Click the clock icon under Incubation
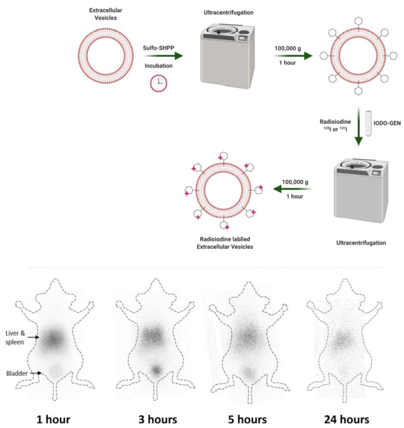[x=159, y=83]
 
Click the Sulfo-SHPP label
[x=159, y=48]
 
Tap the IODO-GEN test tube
[x=368, y=123]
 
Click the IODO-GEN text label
[x=387, y=123]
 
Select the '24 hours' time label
[x=346, y=419]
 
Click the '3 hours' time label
[x=158, y=419]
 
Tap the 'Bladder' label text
[x=17, y=373]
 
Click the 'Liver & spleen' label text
[x=15, y=338]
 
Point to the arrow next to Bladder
[x=36, y=373]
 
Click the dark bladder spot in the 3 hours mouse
[x=157, y=370]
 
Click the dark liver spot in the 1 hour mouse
[x=54, y=339]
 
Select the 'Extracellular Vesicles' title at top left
[x=105, y=14]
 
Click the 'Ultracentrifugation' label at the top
[x=228, y=13]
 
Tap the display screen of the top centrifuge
[x=242, y=38]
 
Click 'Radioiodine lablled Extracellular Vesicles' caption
[x=225, y=243]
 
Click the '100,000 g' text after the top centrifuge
[x=287, y=48]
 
